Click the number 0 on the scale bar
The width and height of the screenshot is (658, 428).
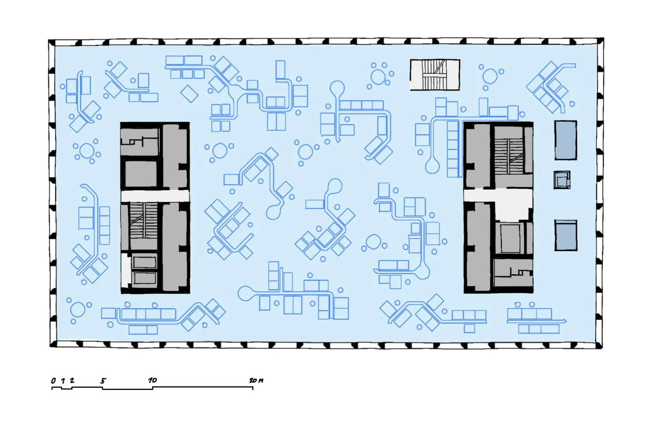(x=53, y=381)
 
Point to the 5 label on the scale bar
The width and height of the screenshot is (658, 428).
(x=103, y=381)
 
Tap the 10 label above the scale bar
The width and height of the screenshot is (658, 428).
(x=153, y=380)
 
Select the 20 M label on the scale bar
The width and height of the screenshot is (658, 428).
(x=257, y=381)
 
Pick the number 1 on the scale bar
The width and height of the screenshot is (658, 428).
(x=63, y=381)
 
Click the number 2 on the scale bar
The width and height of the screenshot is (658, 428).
(x=72, y=380)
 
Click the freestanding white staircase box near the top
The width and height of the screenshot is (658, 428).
(x=435, y=75)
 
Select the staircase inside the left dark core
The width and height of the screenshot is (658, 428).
(x=143, y=220)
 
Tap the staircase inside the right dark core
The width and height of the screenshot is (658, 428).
(x=509, y=156)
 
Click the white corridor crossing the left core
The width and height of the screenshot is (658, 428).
(x=155, y=196)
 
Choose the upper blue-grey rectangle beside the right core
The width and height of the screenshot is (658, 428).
(x=566, y=140)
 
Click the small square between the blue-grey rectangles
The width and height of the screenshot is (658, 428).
(x=562, y=180)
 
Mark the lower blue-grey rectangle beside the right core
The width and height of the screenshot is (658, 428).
(x=566, y=235)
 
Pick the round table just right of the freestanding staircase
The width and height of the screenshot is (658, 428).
(x=490, y=76)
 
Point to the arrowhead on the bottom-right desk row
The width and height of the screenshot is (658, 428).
(x=564, y=321)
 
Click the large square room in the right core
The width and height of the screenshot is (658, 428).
(x=510, y=238)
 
